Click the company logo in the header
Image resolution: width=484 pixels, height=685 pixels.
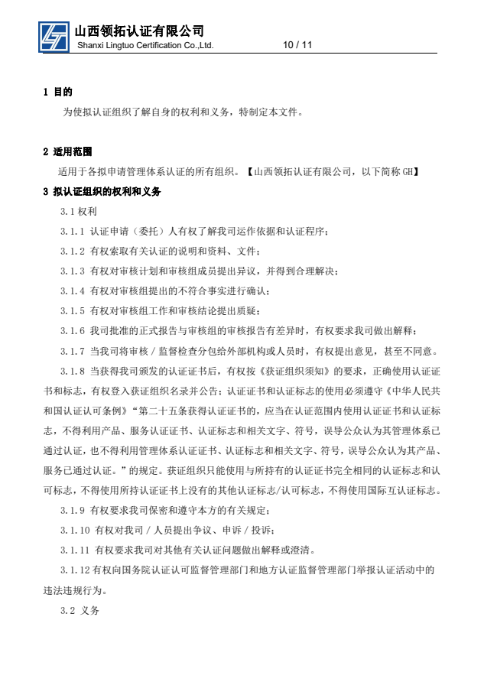(54, 36)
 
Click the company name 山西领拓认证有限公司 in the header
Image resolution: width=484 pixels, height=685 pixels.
(139, 30)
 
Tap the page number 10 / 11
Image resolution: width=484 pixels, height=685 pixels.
(297, 45)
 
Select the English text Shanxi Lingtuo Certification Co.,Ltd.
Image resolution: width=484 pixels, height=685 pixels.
(145, 46)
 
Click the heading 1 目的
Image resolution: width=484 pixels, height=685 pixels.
(57, 92)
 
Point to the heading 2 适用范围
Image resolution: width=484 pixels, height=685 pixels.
(69, 151)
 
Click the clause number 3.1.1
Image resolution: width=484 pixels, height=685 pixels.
(73, 231)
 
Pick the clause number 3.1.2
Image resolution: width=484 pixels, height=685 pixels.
(73, 251)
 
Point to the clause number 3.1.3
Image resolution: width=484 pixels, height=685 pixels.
(73, 271)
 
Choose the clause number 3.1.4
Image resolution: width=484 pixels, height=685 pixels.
(73, 291)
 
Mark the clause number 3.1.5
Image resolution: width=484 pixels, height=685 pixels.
(73, 310)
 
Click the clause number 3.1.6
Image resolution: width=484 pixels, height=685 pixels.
(73, 331)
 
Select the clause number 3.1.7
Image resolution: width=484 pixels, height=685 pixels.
(73, 351)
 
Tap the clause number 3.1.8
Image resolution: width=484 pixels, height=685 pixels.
(73, 371)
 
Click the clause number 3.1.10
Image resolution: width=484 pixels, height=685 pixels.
(75, 530)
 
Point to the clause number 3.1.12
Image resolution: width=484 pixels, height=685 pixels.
(75, 570)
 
